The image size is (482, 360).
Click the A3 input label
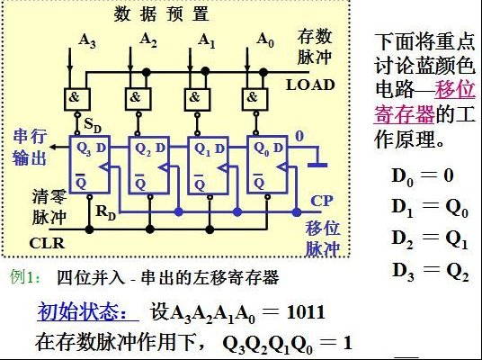tap(87, 40)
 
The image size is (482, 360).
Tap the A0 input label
tap(265, 40)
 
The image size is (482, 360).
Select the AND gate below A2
tap(138, 99)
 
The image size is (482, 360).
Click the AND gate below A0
tap(254, 99)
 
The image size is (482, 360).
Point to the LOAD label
tap(310, 85)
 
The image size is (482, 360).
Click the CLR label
tap(47, 243)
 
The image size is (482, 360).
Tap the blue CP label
tap(322, 202)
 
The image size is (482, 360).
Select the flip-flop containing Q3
tap(90, 165)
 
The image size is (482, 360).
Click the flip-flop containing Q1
tap(208, 166)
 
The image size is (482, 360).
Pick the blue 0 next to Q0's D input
tap(299, 136)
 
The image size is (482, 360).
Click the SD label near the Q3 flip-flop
tap(93, 125)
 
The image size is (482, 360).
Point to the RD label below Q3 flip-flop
tap(105, 213)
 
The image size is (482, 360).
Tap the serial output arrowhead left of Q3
tap(52, 147)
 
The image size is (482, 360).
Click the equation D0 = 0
tap(423, 176)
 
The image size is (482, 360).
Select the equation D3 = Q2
tap(430, 272)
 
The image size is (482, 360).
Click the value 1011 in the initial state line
tap(306, 312)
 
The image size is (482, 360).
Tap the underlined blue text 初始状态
tap(83, 312)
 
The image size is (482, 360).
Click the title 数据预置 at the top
tap(161, 13)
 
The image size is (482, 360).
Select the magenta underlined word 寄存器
tap(404, 114)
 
